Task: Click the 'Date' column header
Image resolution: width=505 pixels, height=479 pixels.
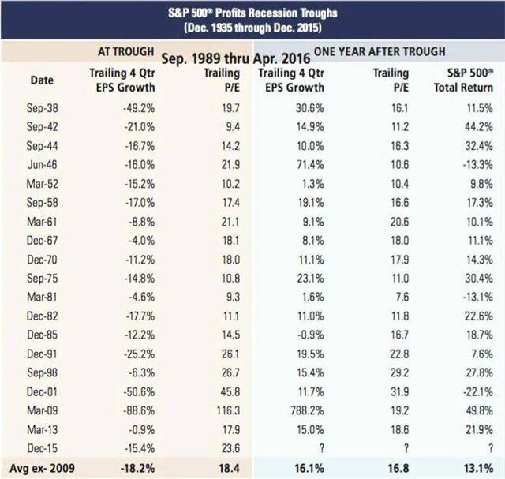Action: click(42, 80)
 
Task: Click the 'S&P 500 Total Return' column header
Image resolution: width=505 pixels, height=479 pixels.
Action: click(465, 80)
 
